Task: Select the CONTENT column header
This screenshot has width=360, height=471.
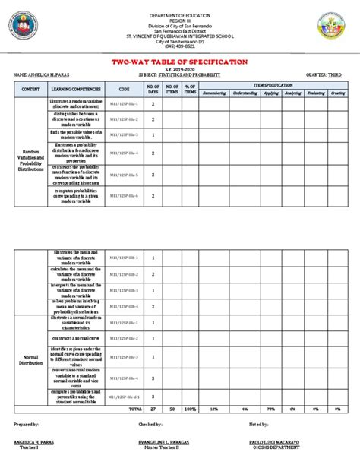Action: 31,89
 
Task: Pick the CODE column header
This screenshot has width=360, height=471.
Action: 125,89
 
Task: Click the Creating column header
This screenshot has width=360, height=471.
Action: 338,93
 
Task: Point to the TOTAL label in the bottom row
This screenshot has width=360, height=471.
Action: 136,409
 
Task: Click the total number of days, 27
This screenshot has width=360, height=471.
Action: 153,409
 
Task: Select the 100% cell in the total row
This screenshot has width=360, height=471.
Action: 190,409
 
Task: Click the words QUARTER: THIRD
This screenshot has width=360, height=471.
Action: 326,75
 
